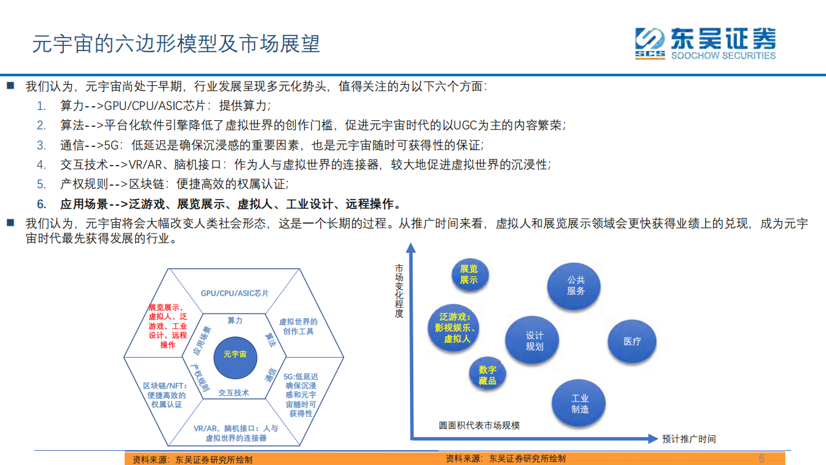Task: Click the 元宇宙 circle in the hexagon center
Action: click(x=234, y=355)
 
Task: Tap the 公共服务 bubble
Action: click(x=575, y=285)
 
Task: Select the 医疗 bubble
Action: click(x=632, y=341)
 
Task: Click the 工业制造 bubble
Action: click(x=579, y=404)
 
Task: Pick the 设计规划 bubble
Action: click(x=534, y=341)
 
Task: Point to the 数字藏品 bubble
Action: click(x=488, y=375)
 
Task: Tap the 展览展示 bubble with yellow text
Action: click(x=469, y=274)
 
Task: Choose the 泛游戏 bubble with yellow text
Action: click(x=456, y=328)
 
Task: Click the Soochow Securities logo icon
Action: click(x=649, y=43)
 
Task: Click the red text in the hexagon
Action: click(x=167, y=327)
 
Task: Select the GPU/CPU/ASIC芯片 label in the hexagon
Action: click(x=234, y=294)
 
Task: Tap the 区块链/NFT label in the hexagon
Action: click(x=165, y=395)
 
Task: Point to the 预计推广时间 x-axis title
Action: click(x=688, y=439)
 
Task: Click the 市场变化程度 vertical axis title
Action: click(x=399, y=290)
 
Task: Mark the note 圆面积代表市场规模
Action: click(x=479, y=425)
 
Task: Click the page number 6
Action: click(x=761, y=458)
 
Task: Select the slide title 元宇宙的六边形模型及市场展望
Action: click(x=176, y=44)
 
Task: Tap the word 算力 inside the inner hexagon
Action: click(x=234, y=321)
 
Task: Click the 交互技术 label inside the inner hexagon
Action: click(x=234, y=393)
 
